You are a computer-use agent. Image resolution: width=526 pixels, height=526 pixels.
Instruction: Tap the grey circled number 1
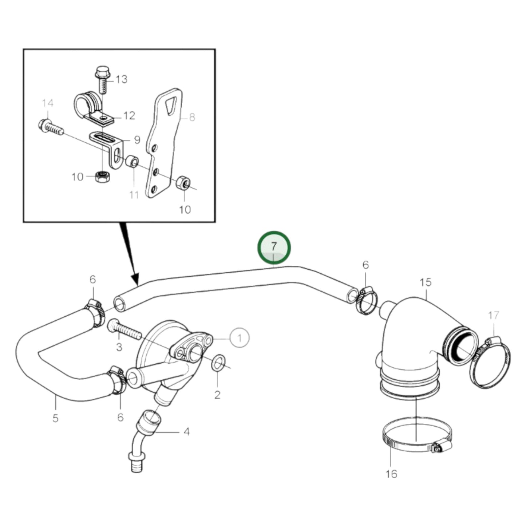pyautogui.click(x=240, y=338)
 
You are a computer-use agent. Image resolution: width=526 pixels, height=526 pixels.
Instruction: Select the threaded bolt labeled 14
pyautogui.click(x=51, y=127)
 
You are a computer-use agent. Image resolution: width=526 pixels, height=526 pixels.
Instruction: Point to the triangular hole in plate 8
pyautogui.click(x=170, y=106)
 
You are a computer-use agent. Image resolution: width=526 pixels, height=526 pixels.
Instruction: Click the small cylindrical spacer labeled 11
pyautogui.click(x=131, y=162)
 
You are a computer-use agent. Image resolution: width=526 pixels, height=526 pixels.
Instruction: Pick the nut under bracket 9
pyautogui.click(x=101, y=177)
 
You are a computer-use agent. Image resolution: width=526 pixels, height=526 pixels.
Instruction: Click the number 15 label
pyautogui.click(x=425, y=282)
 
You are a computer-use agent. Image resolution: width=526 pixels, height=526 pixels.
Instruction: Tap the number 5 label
pyautogui.click(x=55, y=418)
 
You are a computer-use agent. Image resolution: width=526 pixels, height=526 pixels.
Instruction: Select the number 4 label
pyautogui.click(x=186, y=432)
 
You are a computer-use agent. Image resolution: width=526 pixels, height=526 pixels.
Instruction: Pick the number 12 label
pyautogui.click(x=129, y=116)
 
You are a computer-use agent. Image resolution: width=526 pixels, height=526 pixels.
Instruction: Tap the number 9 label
pyautogui.click(x=137, y=140)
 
